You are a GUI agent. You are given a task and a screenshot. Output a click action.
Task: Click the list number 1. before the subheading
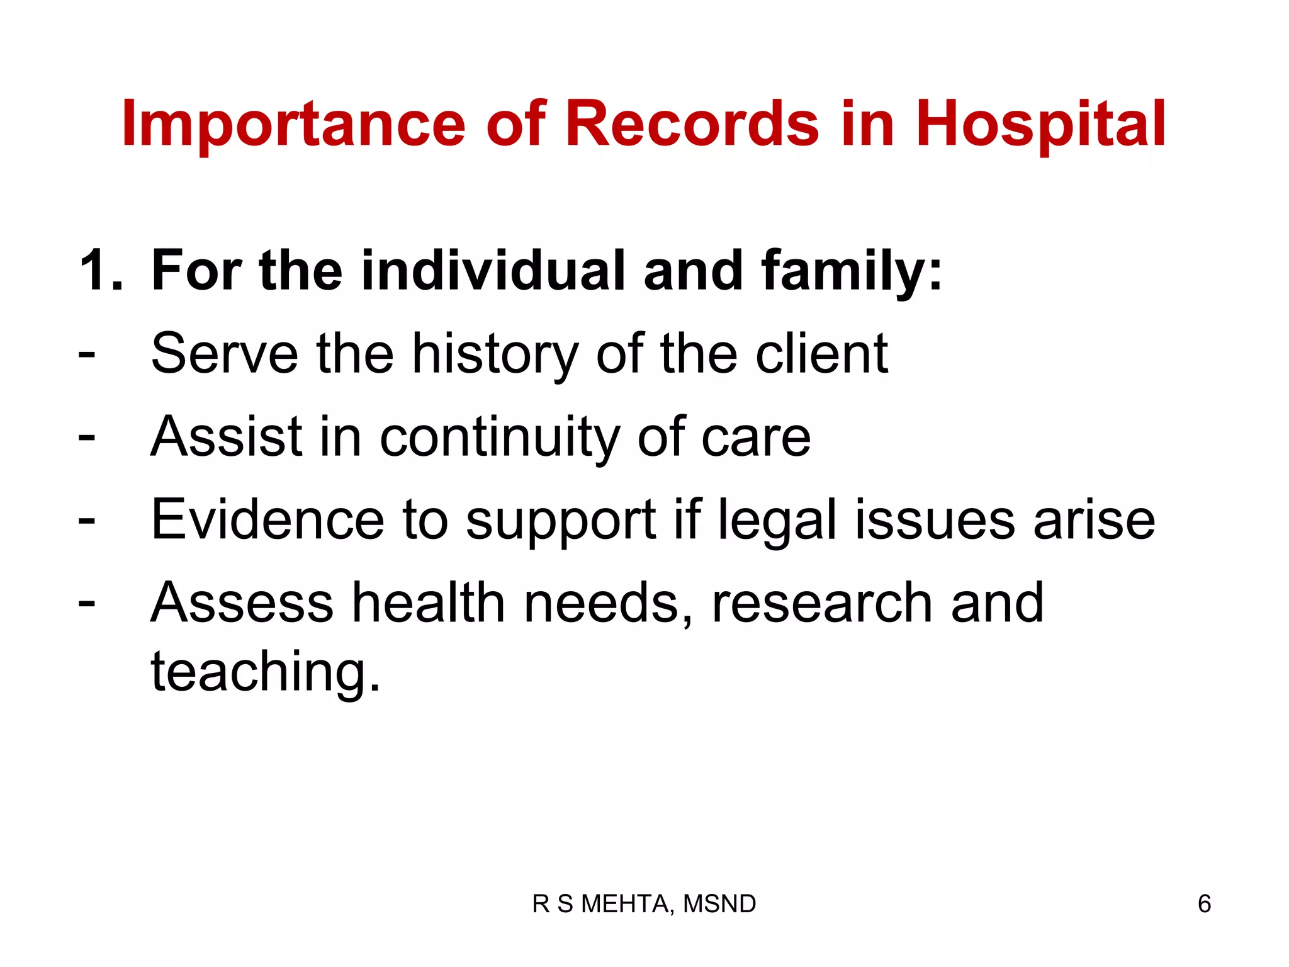(101, 270)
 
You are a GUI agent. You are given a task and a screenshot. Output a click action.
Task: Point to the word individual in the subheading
(493, 270)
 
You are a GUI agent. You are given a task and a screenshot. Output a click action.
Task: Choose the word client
(821, 353)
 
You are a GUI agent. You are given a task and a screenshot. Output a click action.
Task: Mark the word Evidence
(267, 519)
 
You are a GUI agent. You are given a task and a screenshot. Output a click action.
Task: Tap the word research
(821, 602)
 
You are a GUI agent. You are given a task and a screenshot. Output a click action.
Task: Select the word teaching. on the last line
(266, 672)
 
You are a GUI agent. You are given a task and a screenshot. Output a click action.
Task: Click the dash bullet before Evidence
(87, 521)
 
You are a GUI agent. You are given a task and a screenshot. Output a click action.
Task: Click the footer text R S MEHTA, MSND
(644, 903)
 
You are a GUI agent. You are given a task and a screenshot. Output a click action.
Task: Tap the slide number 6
(1204, 903)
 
